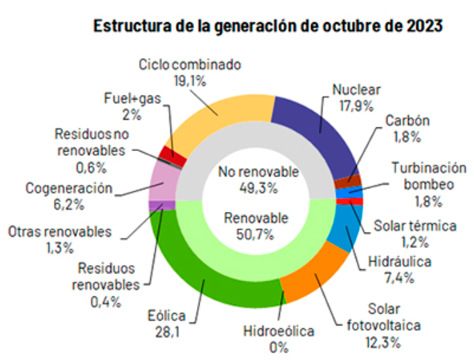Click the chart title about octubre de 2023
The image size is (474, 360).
click(x=267, y=26)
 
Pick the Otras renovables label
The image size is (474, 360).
click(x=60, y=232)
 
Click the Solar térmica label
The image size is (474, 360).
click(x=415, y=226)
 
